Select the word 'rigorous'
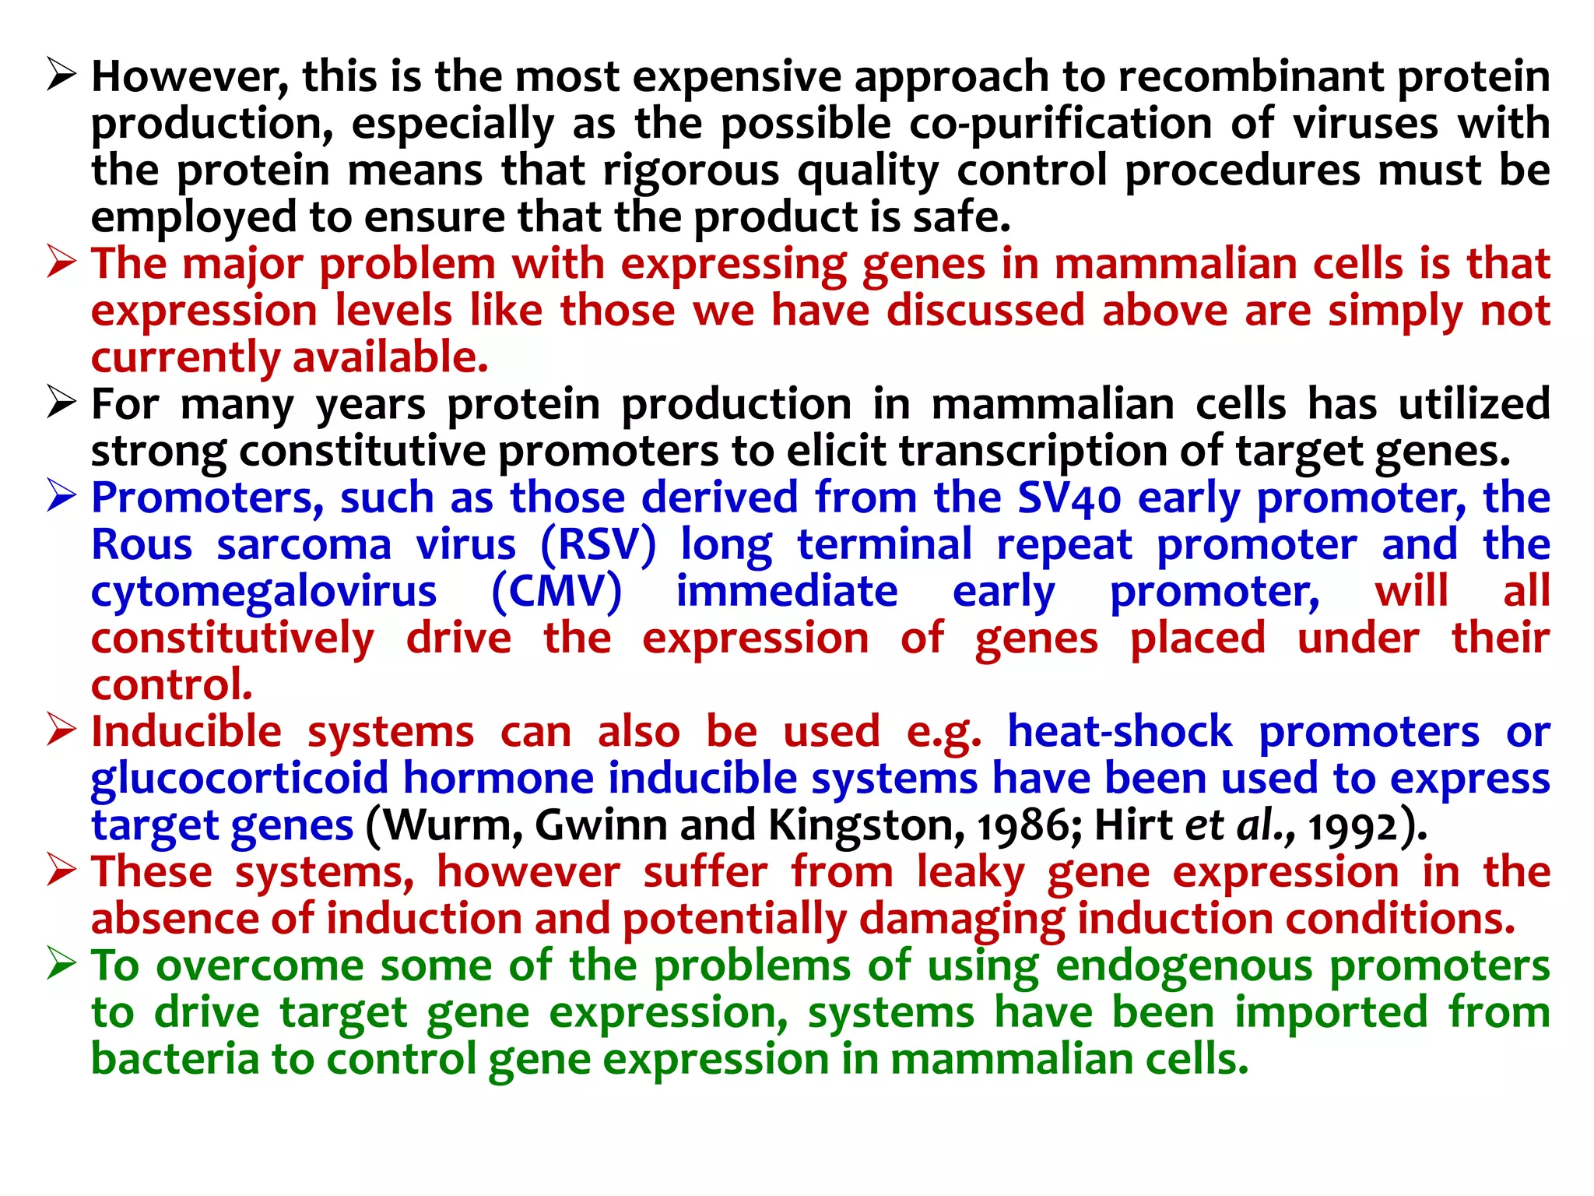pos(691,171)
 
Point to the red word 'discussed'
pos(985,311)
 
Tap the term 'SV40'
pos(1069,499)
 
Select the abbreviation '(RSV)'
pos(599,545)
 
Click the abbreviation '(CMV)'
pos(556,593)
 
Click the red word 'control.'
pos(172,686)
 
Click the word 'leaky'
pos(970,873)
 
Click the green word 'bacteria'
pos(175,1061)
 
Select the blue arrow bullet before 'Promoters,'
pos(61,497)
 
